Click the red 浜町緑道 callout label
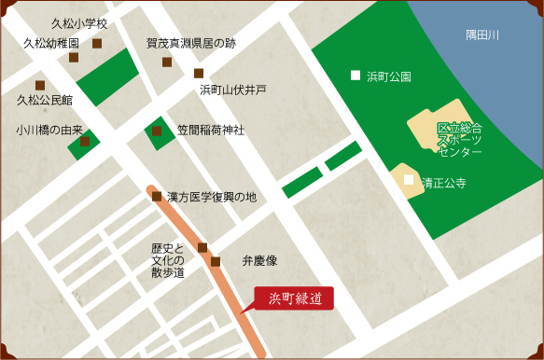pos(295,299)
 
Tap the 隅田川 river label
pos(482,35)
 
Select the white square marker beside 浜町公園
pos(355,76)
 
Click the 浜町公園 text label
pos(389,76)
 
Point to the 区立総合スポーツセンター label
pos(460,139)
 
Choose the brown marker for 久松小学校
pos(97,43)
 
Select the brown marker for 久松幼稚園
pos(74,58)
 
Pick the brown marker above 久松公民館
pos(40,85)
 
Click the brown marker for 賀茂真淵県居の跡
pos(167,62)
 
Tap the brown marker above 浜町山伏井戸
pos(199,73)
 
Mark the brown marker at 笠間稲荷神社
pos(157,132)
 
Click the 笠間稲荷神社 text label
pos(210,131)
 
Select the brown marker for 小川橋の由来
pos(85,142)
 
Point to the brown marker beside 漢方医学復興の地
pos(157,197)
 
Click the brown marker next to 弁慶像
pos(216,262)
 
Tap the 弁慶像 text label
pos(260,262)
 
